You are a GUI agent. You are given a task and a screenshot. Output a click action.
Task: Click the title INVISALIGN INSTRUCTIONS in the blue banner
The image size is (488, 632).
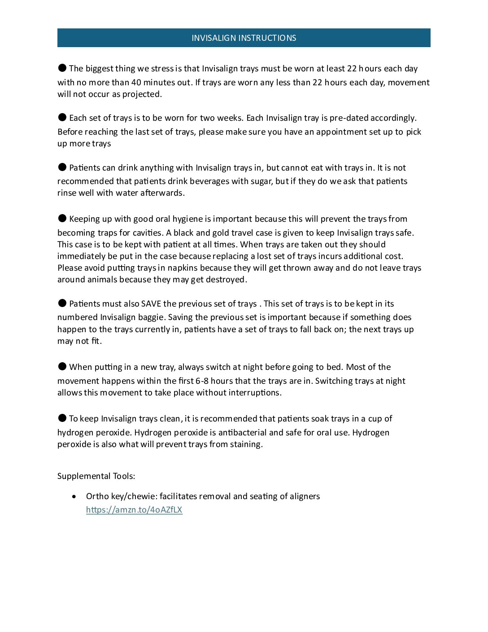[244, 38]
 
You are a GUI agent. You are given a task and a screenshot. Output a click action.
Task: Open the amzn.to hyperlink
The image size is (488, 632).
[134, 510]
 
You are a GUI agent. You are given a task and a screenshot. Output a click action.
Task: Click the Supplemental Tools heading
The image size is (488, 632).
[96, 476]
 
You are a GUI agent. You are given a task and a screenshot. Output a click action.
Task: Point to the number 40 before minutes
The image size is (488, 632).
[136, 83]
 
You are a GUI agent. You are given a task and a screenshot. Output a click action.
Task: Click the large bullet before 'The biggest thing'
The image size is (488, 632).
[62, 68]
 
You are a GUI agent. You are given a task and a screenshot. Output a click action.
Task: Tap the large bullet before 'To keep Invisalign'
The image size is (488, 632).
[62, 418]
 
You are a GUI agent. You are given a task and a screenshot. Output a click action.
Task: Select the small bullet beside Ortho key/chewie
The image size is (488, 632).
[74, 496]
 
